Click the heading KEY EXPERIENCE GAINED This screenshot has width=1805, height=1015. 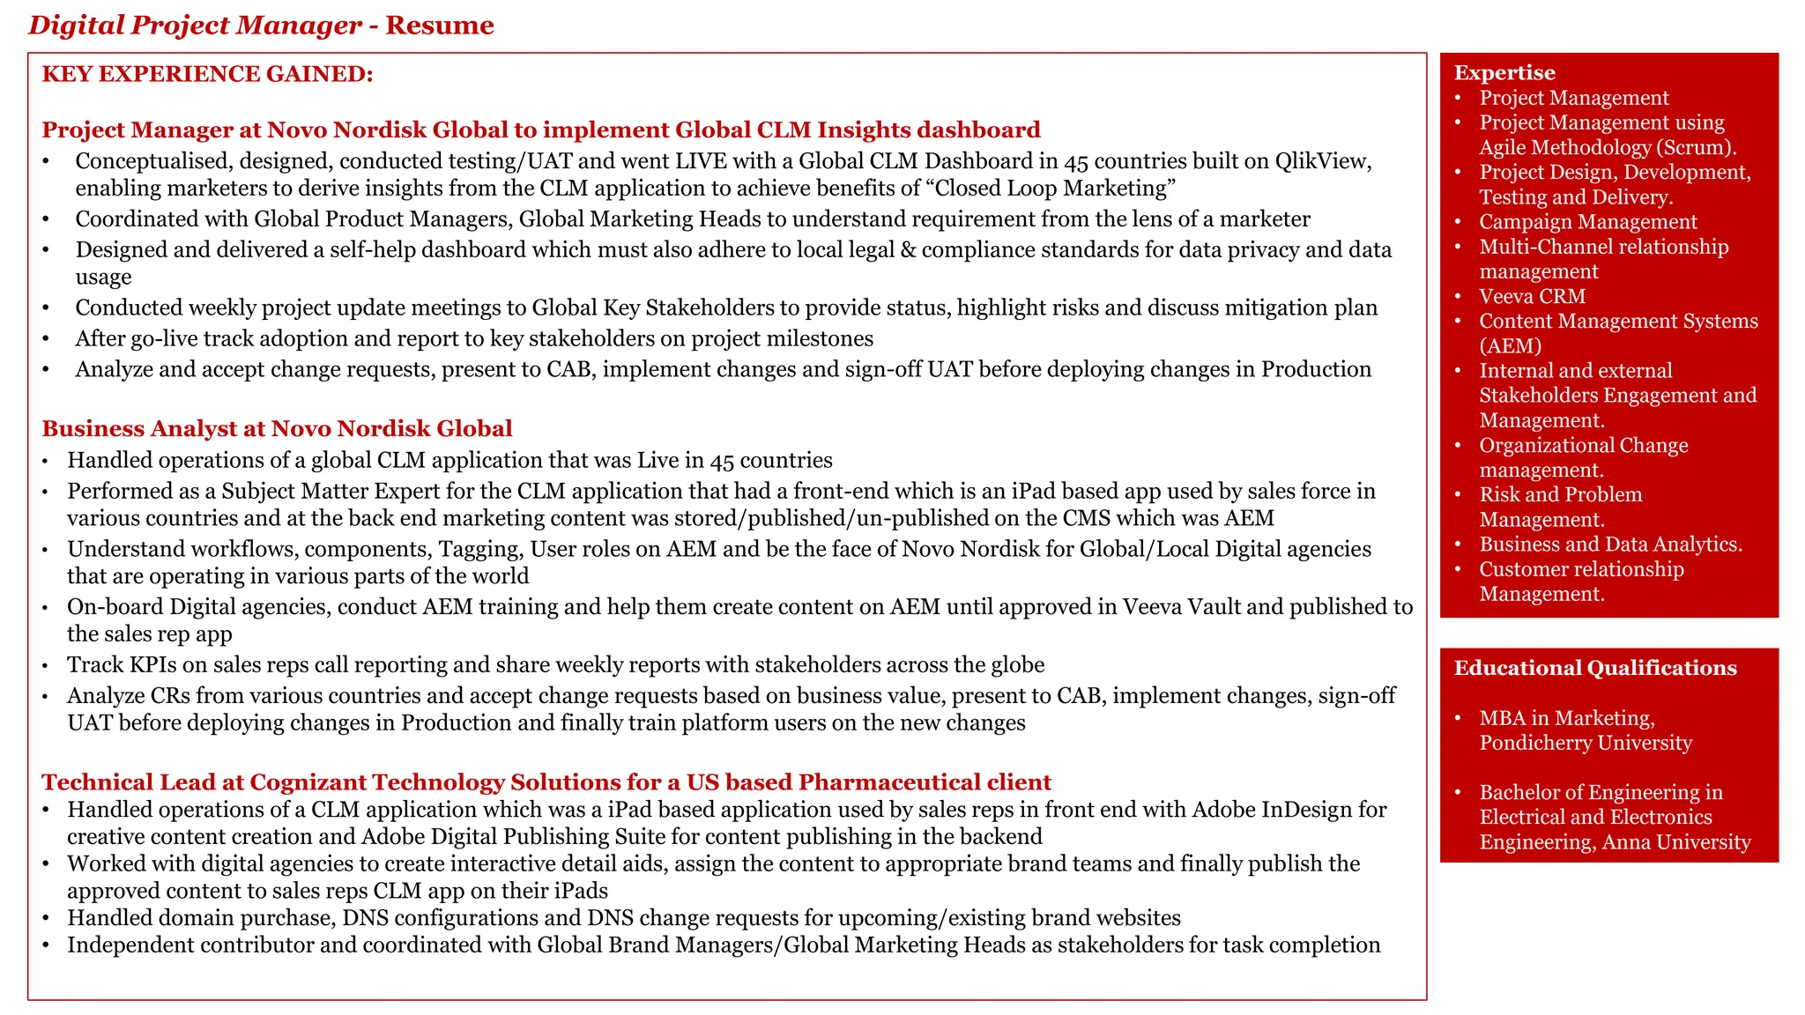[x=207, y=74]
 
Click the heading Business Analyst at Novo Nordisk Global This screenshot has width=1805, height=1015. [x=277, y=429]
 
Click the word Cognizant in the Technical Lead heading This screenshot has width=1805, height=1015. [x=308, y=782]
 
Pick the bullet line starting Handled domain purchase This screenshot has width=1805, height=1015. [x=623, y=918]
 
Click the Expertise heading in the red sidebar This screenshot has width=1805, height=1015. [x=1504, y=73]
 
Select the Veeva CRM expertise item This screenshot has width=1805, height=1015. [x=1532, y=297]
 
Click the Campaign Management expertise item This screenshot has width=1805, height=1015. [x=1587, y=222]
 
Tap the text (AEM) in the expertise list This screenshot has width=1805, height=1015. [x=1510, y=346]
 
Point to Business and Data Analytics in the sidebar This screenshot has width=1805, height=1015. [x=1610, y=545]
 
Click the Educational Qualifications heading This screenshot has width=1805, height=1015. [x=1594, y=668]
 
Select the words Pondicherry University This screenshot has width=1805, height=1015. [x=1585, y=743]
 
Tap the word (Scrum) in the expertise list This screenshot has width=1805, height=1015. [x=1697, y=148]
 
